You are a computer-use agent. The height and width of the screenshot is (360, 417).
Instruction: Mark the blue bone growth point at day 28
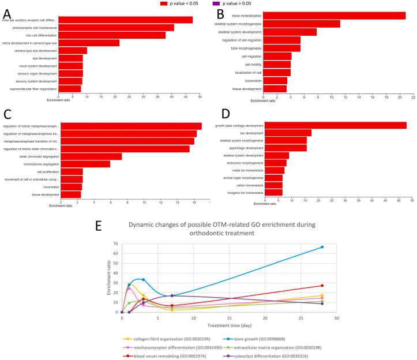pos(322,247)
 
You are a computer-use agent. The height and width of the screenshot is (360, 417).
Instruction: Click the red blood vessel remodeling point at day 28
pos(322,286)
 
